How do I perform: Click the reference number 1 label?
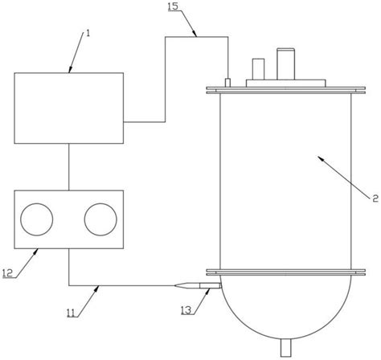pyautogui.click(x=88, y=34)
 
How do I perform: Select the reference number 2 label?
pyautogui.click(x=375, y=198)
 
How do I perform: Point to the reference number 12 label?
pyautogui.click(x=7, y=273)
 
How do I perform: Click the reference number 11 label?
pyautogui.click(x=71, y=313)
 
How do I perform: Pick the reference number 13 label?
pyautogui.click(x=186, y=310)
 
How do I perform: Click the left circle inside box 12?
pyautogui.click(x=37, y=219)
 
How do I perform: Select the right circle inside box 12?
pyautogui.click(x=100, y=219)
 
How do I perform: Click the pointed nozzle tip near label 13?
pyautogui.click(x=174, y=286)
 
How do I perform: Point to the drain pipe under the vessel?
pyautogui.click(x=285, y=347)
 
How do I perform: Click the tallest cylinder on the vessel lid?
pyautogui.click(x=286, y=63)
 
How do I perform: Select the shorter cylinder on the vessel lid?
pyautogui.click(x=258, y=69)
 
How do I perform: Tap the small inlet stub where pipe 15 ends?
pyautogui.click(x=227, y=83)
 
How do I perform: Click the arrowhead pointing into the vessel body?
pyautogui.click(x=320, y=157)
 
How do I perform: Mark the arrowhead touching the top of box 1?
pyautogui.click(x=70, y=70)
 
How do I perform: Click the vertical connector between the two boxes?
pyautogui.click(x=69, y=167)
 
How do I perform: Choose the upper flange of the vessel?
pyautogui.click(x=285, y=90)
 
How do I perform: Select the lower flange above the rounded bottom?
pyautogui.click(x=285, y=272)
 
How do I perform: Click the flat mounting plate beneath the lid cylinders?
pyautogui.click(x=286, y=83)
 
